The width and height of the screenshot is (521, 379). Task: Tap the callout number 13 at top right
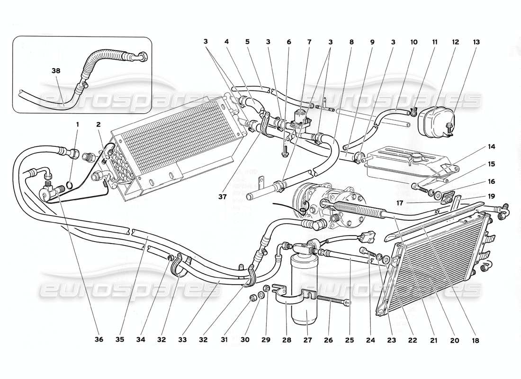pyautogui.click(x=475, y=42)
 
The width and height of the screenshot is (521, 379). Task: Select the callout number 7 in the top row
pyautogui.click(x=309, y=42)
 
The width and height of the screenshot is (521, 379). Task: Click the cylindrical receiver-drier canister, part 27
pyautogui.click(x=304, y=294)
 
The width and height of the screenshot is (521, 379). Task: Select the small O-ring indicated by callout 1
pyautogui.click(x=69, y=184)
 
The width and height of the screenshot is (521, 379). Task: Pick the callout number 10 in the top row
pyautogui.click(x=413, y=42)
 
